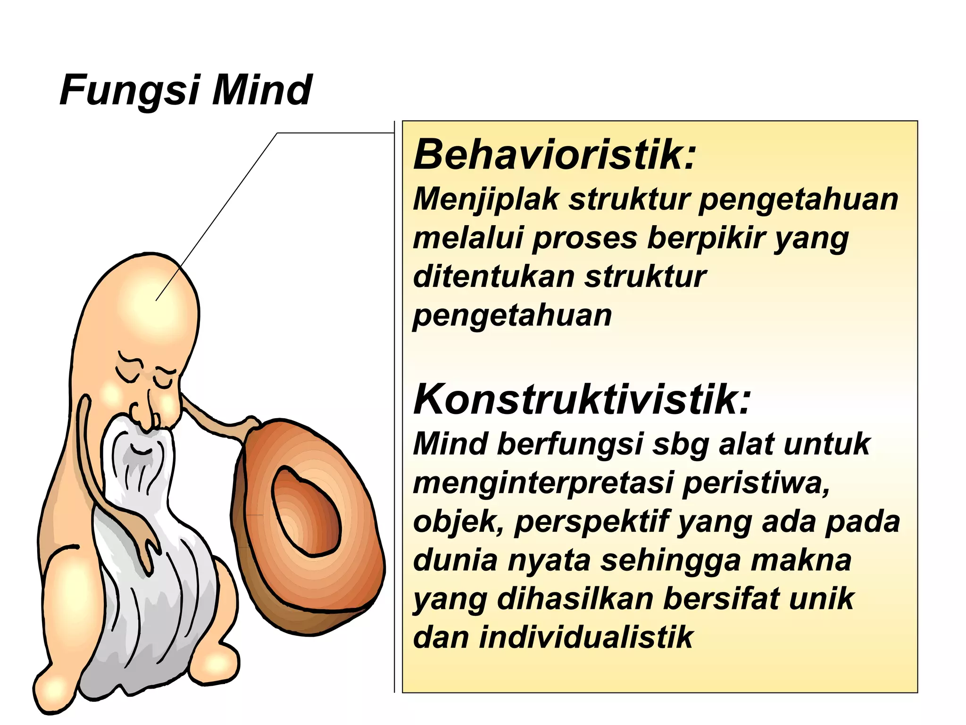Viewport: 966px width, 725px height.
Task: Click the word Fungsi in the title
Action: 130,91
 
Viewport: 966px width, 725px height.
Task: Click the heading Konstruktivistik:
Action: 582,400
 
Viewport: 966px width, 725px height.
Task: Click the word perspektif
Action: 591,523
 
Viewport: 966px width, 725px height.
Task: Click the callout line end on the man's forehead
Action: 157,300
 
